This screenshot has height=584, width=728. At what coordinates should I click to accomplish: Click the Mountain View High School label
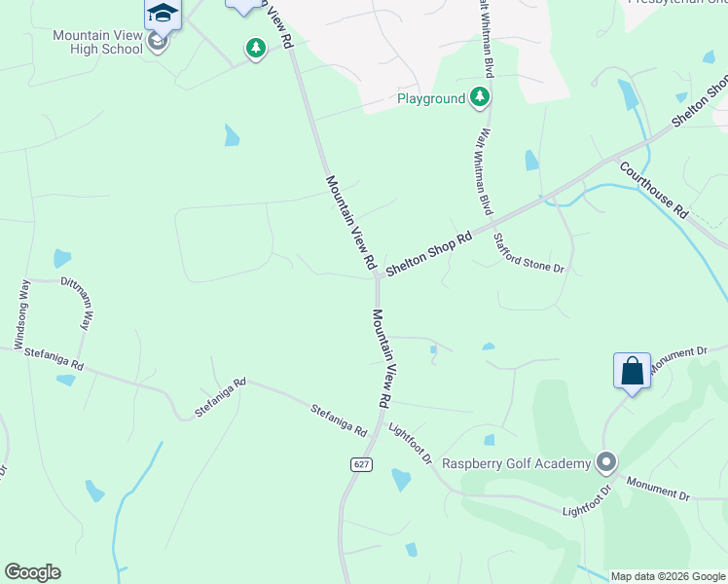97,42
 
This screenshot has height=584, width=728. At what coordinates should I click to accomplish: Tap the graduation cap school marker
163,15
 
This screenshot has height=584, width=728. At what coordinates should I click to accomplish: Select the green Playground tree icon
480,96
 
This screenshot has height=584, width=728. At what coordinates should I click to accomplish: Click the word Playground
430,99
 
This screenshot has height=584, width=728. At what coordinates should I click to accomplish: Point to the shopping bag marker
632,372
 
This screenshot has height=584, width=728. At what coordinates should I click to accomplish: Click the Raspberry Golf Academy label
517,463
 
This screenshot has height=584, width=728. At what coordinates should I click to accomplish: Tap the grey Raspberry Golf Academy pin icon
606,462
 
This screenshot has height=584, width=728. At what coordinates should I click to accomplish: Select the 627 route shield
361,465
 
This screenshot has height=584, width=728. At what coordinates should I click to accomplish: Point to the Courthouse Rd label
654,190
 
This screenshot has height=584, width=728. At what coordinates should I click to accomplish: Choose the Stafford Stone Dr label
528,252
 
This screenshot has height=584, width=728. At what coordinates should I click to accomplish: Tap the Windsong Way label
20,313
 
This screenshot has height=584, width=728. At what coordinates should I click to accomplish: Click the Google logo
32,572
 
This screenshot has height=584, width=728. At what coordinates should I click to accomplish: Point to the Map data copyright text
668,576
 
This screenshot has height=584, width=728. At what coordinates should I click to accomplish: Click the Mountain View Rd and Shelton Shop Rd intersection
377,278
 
